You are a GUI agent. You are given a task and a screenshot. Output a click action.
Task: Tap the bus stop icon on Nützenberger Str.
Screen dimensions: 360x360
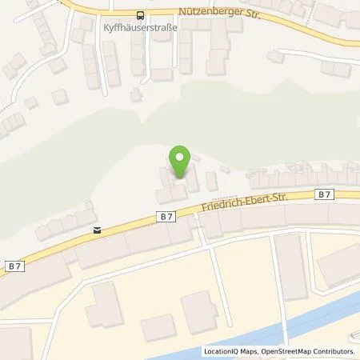click(x=141, y=14)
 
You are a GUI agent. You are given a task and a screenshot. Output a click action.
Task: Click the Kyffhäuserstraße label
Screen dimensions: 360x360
click(x=141, y=26)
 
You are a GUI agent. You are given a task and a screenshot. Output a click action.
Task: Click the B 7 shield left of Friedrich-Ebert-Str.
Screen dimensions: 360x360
click(x=165, y=214)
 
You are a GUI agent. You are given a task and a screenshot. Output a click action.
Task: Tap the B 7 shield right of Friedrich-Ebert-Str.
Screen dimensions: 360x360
click(x=322, y=194)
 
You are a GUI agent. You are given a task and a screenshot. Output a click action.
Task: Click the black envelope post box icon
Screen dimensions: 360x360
click(x=97, y=230)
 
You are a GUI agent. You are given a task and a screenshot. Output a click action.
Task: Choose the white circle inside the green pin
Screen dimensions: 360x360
click(x=180, y=157)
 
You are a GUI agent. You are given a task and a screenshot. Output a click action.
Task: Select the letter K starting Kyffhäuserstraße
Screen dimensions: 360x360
click(x=107, y=26)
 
